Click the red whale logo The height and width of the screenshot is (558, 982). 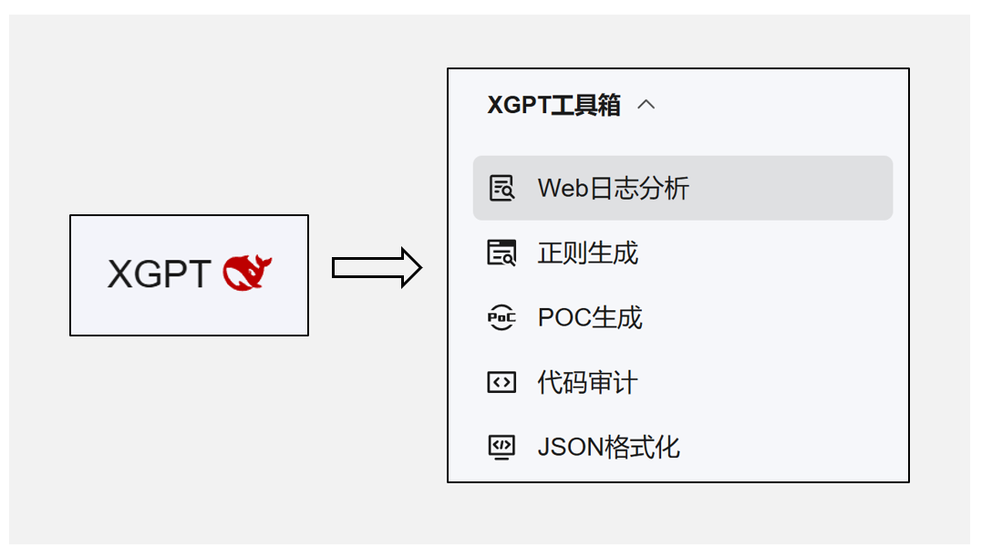point(247,274)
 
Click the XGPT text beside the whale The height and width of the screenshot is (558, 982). point(159,274)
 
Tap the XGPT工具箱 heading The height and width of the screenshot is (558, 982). point(553,106)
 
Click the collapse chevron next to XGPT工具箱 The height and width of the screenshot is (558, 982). point(646,105)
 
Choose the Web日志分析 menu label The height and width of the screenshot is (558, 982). point(613,189)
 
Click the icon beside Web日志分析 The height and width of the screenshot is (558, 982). point(501,189)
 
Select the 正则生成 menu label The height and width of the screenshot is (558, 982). point(587,253)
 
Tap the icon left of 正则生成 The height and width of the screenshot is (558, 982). point(501,253)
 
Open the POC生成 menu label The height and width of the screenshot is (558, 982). point(590,318)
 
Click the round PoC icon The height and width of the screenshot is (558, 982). point(501,318)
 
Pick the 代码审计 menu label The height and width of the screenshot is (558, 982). point(587,383)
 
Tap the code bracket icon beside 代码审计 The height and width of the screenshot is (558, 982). point(501,383)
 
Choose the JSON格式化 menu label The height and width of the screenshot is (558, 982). point(608,448)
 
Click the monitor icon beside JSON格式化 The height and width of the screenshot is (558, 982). point(501,448)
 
